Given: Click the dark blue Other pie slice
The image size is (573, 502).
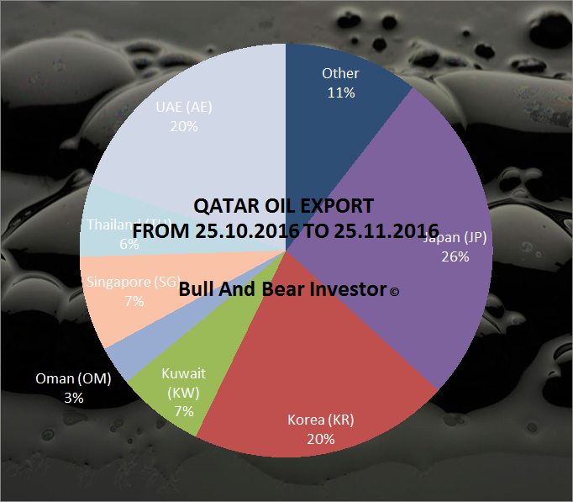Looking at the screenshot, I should (x=336, y=118).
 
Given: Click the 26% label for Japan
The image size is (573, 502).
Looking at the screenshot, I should (x=455, y=256).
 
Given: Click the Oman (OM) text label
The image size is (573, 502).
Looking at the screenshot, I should (x=74, y=379).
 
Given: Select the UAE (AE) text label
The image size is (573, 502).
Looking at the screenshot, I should (x=183, y=107).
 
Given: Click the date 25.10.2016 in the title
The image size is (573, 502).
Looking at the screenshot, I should (x=238, y=230).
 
